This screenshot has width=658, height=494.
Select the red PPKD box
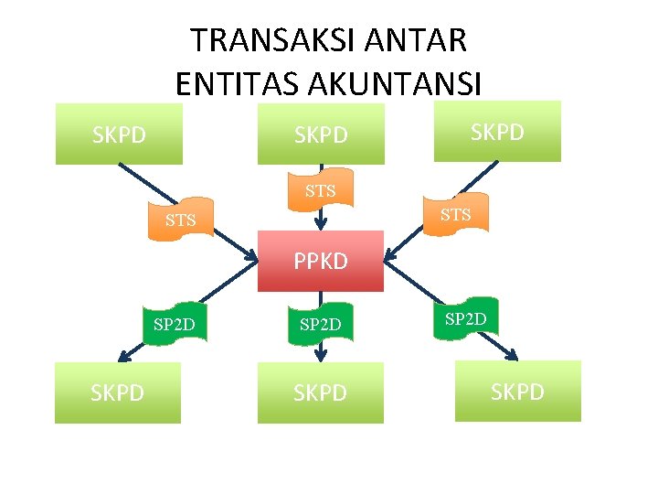pos(320,261)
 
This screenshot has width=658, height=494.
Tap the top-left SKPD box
pos(119,135)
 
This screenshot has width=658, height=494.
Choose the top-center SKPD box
pos(321,135)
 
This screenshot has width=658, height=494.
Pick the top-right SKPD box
pos(497,132)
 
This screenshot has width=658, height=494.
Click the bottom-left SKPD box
pos(117,392)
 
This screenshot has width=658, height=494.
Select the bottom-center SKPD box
pos(320,392)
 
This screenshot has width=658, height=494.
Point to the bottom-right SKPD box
pos(517,392)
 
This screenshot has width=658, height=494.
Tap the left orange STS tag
pos(181,220)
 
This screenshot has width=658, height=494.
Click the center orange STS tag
pos(320,190)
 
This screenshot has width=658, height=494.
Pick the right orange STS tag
pos(455,215)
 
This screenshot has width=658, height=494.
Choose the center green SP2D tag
pos(320,324)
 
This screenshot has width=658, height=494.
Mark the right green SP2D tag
pos(466,318)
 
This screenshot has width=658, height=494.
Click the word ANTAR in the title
pos(423,40)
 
